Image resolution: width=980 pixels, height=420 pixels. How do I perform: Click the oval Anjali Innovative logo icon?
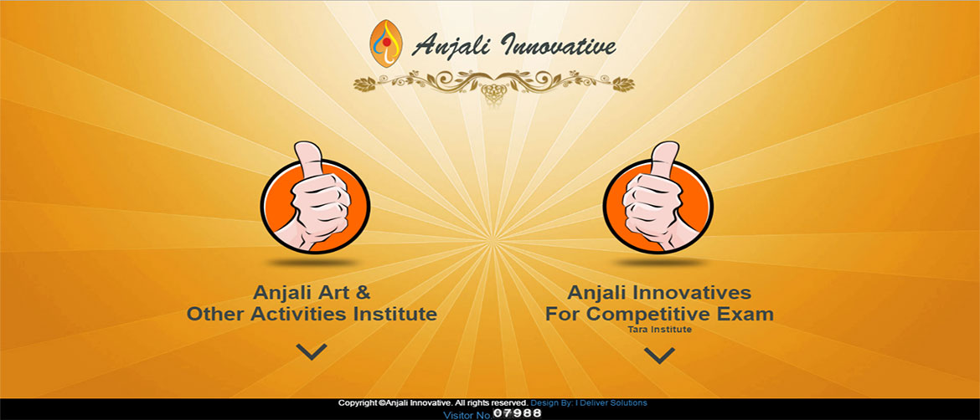(x=385, y=44)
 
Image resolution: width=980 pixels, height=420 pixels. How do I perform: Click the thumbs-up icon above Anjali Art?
(x=314, y=197)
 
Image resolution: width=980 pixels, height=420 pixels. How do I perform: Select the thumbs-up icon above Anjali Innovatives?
(x=658, y=197)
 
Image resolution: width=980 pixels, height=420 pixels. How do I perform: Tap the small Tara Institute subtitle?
(x=660, y=330)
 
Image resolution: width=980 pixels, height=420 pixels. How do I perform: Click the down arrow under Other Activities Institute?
(x=312, y=352)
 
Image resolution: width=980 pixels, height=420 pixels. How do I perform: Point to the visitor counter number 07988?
(x=517, y=413)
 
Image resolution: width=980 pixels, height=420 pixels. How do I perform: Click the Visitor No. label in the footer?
(x=468, y=415)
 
